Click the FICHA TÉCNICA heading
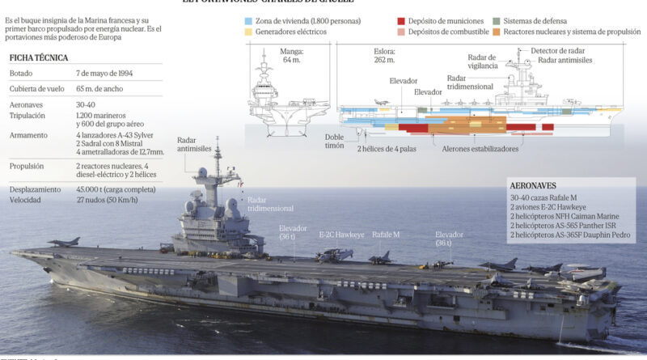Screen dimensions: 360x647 pyautogui.click(x=39, y=58)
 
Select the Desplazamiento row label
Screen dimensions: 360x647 pyautogui.click(x=36, y=189)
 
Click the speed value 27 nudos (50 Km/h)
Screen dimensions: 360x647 pyautogui.click(x=107, y=200)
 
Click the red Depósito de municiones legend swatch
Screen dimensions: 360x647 pyautogui.click(x=402, y=19)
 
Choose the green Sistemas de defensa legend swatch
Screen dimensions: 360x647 pyautogui.click(x=496, y=19)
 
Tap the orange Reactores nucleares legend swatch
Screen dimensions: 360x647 pyautogui.click(x=496, y=32)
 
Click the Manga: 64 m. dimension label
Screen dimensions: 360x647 pyautogui.click(x=292, y=54)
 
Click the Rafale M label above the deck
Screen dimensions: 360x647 pyautogui.click(x=387, y=235)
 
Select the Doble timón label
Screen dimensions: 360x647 pyautogui.click(x=334, y=141)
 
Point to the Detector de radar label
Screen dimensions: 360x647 pyautogui.click(x=557, y=50)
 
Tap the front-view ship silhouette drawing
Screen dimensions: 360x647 pyautogui.click(x=290, y=95)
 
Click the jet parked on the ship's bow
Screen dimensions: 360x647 pyautogui.click(x=64, y=241)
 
